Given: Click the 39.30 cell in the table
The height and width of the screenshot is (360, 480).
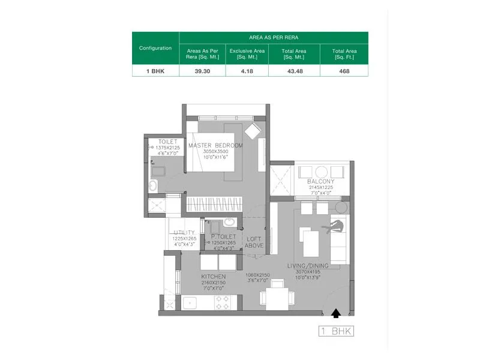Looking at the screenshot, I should coord(202,70).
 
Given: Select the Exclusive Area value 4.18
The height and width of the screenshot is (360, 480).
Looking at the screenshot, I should coord(247,70).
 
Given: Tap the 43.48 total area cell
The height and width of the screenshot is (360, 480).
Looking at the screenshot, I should coord(295,70).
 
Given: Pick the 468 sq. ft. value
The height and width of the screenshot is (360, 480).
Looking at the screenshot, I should coord(344,70).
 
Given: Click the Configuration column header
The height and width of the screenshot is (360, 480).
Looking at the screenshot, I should coord(155,48).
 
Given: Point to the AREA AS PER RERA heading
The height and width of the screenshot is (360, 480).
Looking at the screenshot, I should coord(273,37).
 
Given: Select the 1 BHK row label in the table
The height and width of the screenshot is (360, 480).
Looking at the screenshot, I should coord(155,70).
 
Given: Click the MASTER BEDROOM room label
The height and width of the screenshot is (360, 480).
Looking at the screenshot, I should coord(215,146).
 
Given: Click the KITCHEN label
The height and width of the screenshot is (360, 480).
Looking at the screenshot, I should coord(214,276).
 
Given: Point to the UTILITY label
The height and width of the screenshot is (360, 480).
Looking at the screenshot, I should coord(184,233).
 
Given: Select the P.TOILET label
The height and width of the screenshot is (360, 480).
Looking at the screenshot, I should coord(224,237).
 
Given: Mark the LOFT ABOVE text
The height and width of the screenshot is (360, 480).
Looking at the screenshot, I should coord(254,242).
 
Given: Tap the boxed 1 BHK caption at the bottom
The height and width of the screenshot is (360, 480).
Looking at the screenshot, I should coord(336,331).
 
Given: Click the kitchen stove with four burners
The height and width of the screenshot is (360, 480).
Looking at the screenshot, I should coord(222,302).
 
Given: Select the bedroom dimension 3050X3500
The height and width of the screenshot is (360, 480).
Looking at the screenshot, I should coord(215,152).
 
